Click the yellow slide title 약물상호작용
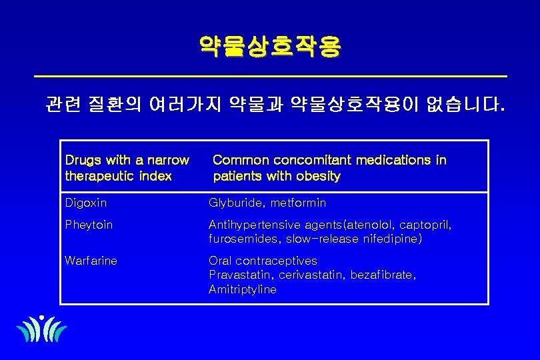click(269, 46)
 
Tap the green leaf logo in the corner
click(41, 329)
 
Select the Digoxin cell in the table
click(86, 203)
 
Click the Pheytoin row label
click(89, 225)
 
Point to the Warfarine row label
click(91, 261)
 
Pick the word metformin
click(299, 203)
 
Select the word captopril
click(424, 225)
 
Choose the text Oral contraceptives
click(263, 261)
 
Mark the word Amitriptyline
click(242, 289)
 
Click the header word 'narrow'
click(169, 161)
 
